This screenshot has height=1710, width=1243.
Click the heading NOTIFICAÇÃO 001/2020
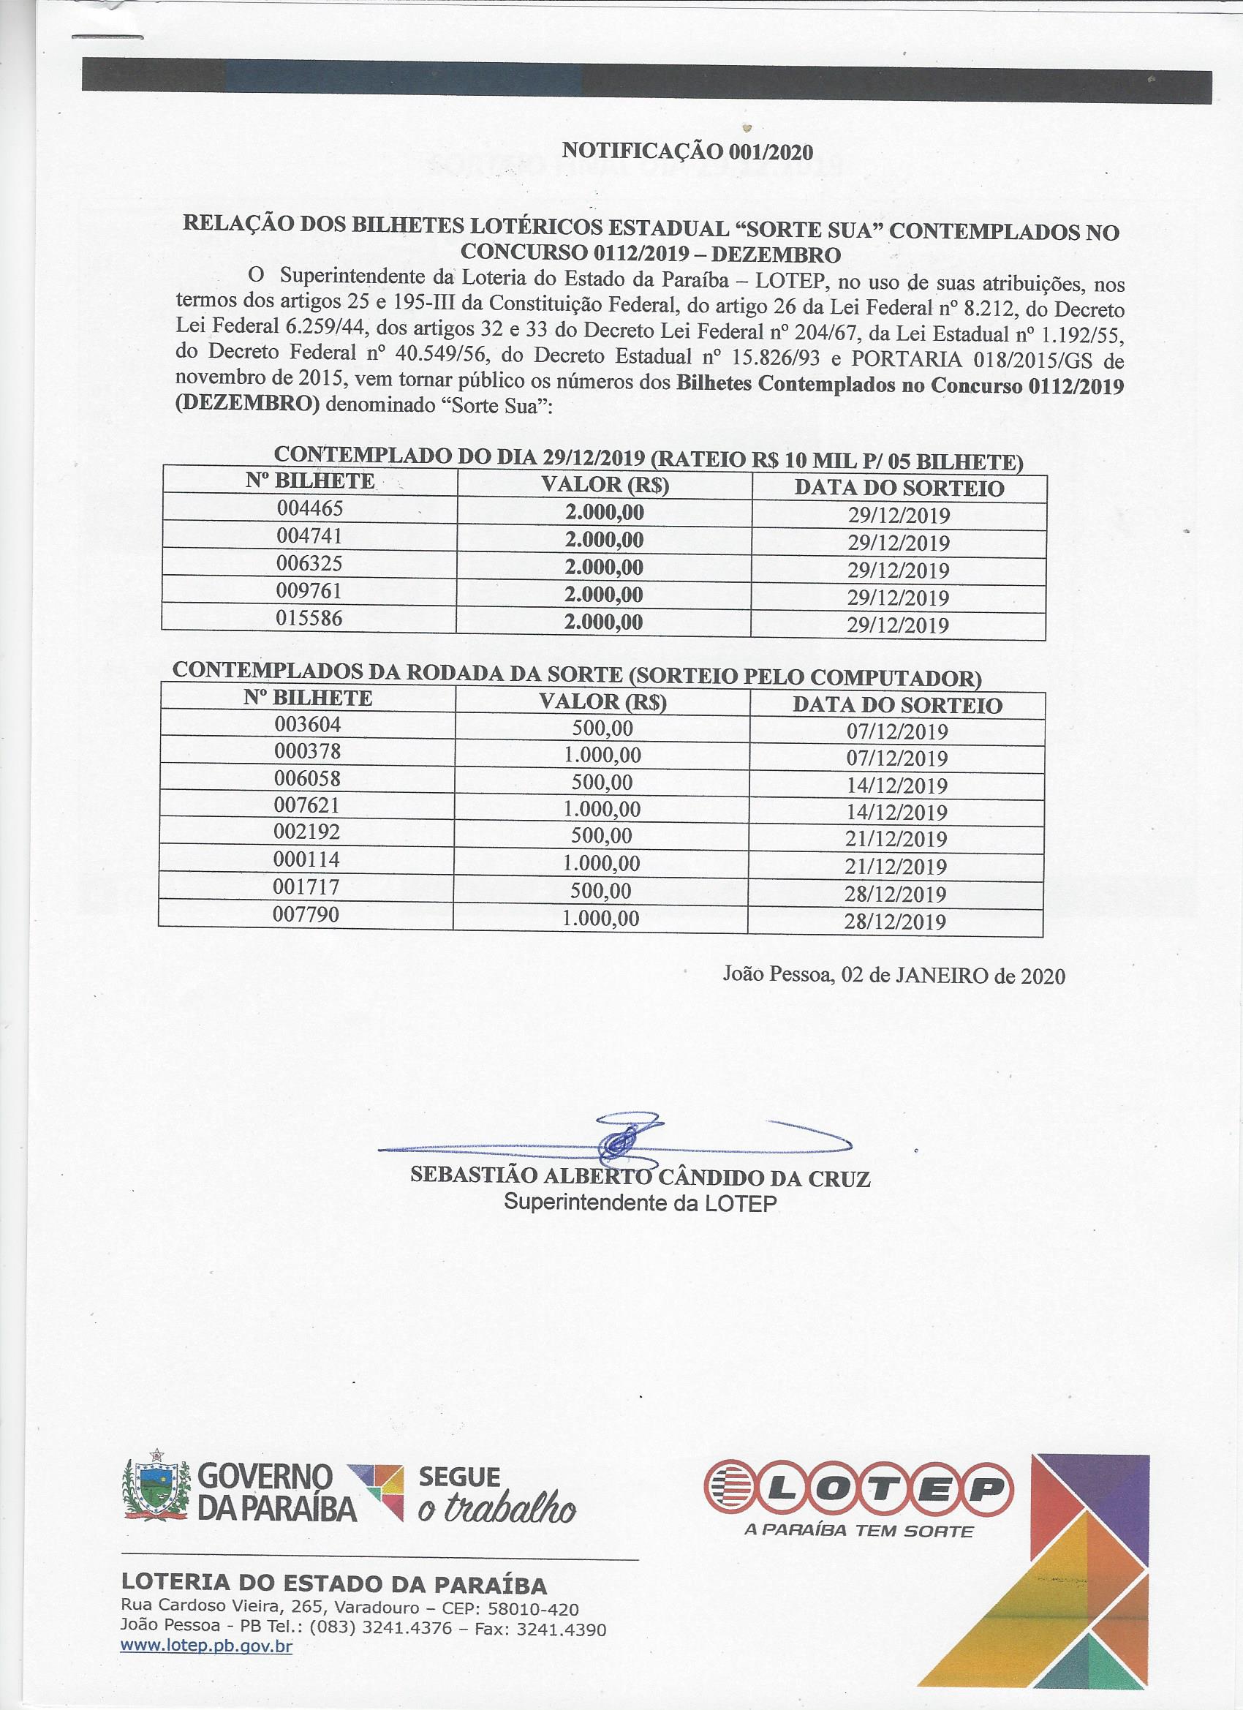click(x=687, y=151)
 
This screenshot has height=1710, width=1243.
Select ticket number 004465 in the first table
click(x=310, y=509)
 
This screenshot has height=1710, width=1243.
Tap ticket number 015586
click(x=310, y=619)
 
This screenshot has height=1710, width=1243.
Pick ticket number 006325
click(x=310, y=564)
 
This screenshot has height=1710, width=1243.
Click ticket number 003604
click(x=308, y=726)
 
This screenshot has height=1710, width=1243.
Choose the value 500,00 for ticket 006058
click(x=602, y=783)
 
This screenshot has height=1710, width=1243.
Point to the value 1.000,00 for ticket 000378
click(x=602, y=756)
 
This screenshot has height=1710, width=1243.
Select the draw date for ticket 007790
click(x=896, y=922)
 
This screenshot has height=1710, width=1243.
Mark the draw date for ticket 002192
click(x=896, y=839)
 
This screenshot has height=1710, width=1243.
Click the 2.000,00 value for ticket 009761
click(x=605, y=595)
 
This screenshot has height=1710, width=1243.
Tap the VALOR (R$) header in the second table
click(x=603, y=703)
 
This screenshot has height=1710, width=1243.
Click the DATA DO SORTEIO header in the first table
click(x=899, y=489)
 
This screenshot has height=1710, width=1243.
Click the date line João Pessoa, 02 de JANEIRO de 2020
click(x=894, y=976)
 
